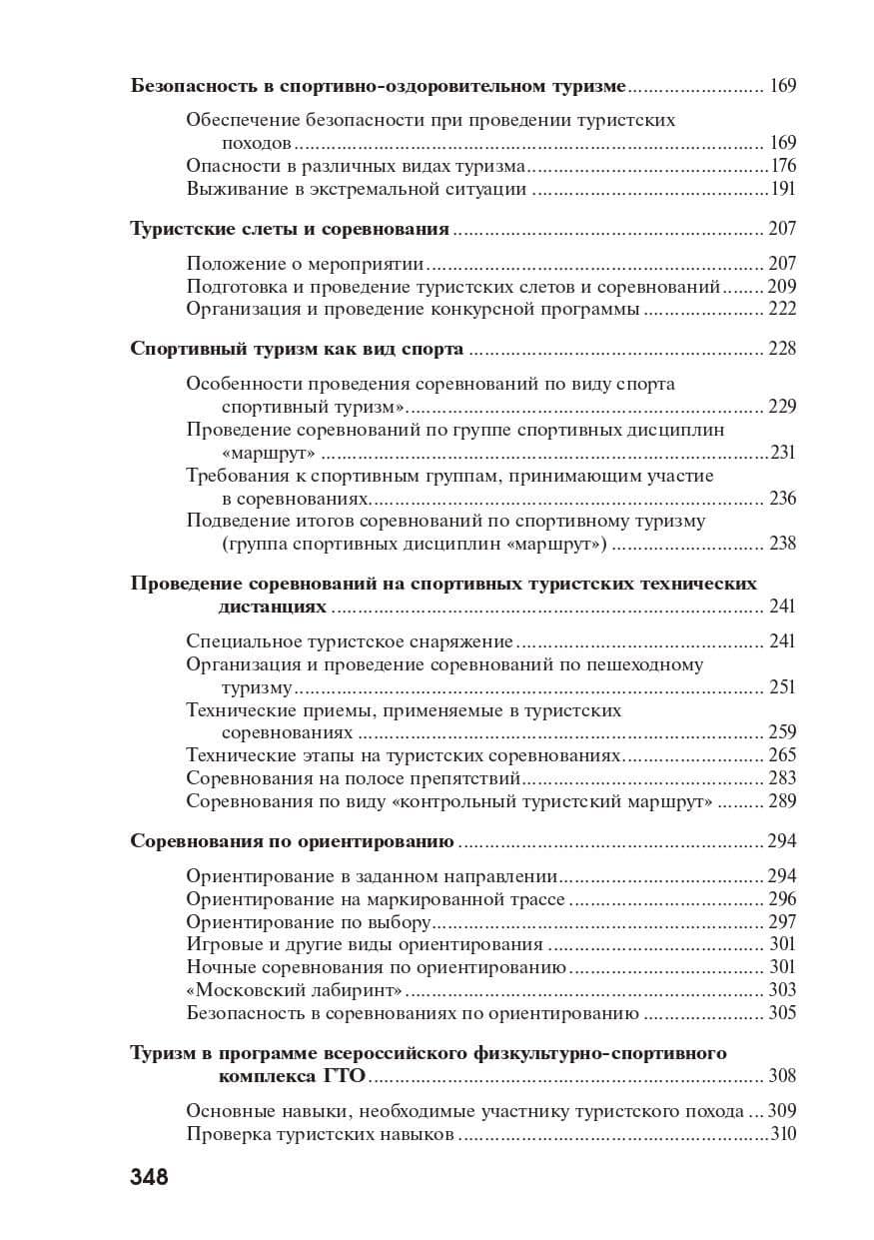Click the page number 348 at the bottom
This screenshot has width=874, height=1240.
point(149,1176)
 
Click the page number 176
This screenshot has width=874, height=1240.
point(783,166)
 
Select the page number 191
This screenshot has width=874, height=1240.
point(783,189)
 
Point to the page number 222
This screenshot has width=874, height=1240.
point(782,310)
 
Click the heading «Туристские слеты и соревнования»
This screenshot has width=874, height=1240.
point(290,229)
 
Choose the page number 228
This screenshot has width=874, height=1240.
point(782,350)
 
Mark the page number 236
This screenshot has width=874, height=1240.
point(782,499)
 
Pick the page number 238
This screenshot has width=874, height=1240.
point(782,545)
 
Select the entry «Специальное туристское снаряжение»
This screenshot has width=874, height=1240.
point(350,641)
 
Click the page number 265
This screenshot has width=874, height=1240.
point(782,755)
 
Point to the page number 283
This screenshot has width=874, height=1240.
point(782,778)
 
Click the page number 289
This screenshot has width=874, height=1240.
point(782,801)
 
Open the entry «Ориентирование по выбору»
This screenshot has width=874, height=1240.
point(309,921)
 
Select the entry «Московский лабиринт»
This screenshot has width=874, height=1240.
point(295,990)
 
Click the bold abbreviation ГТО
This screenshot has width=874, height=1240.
point(345,1076)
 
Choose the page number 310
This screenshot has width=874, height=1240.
point(783,1134)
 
